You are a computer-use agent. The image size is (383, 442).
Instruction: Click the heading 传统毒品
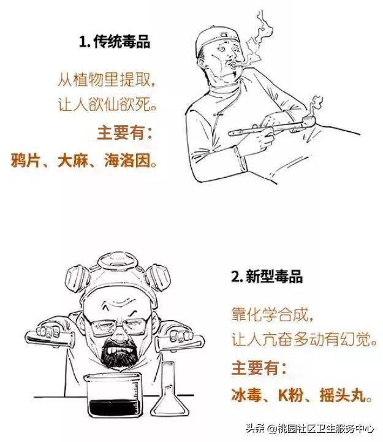pyautogui.click(x=122, y=42)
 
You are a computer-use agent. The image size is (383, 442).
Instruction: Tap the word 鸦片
pyautogui.click(x=25, y=160)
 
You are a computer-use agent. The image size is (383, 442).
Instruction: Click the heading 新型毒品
pyautogui.click(x=274, y=276)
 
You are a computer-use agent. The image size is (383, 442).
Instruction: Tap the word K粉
pyautogui.click(x=291, y=395)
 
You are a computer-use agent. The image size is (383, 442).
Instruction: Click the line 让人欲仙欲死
pyautogui.click(x=107, y=105)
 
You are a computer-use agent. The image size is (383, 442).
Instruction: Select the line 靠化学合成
pyautogui.click(x=272, y=314)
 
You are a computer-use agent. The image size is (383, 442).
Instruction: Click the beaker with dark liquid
pyautogui.click(x=114, y=395)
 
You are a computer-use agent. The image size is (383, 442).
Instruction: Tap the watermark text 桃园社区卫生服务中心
pyautogui.click(x=325, y=429)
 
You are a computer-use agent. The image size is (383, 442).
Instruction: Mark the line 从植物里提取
pyautogui.click(x=107, y=79)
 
